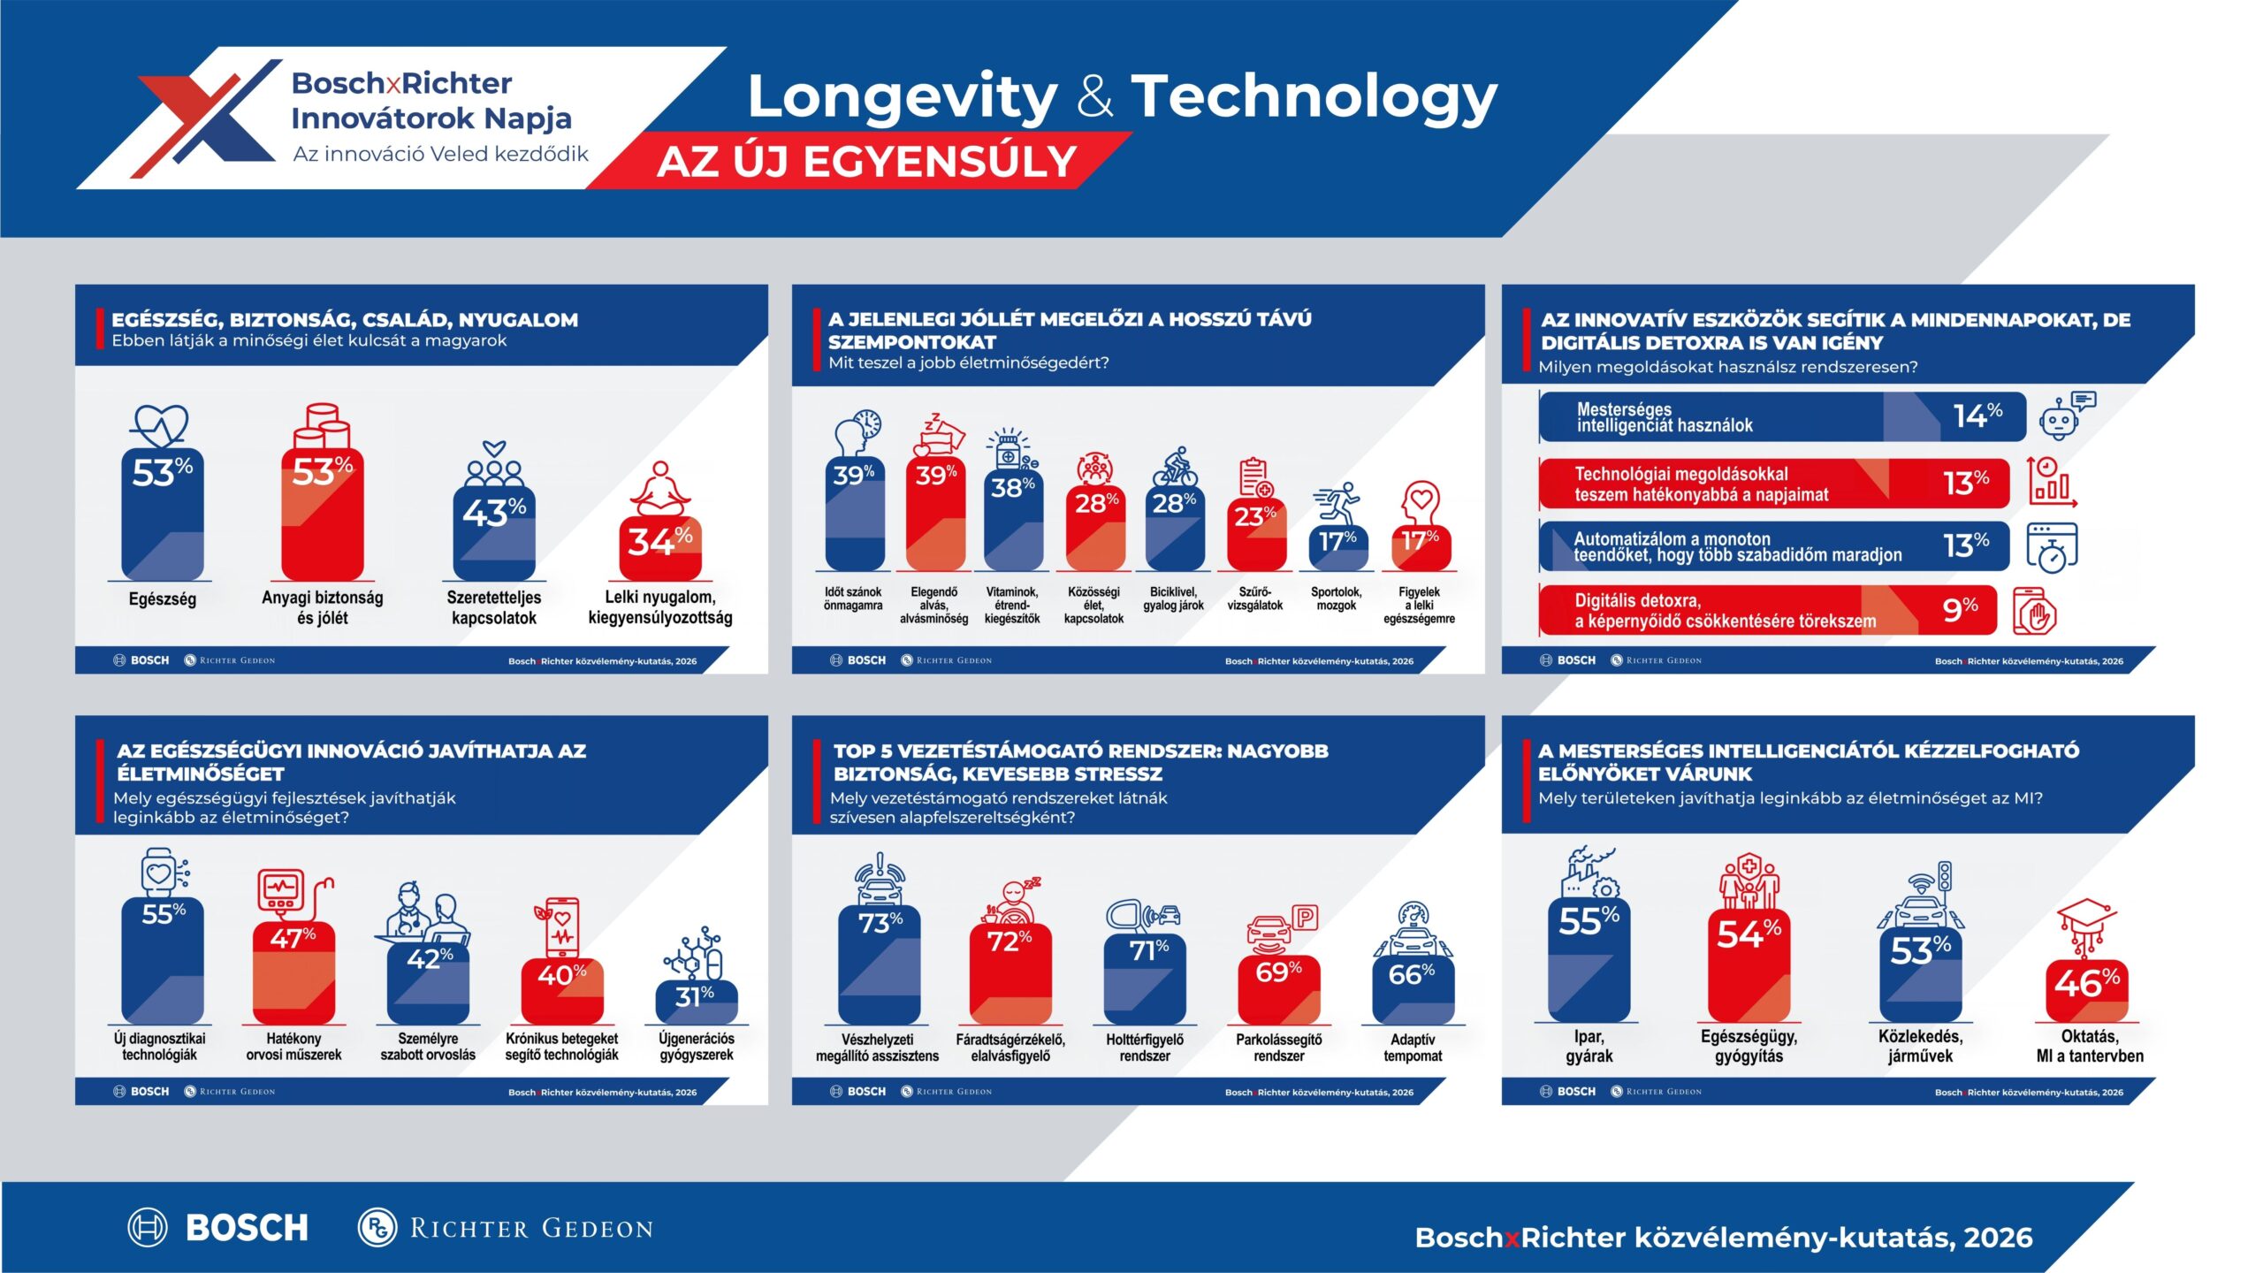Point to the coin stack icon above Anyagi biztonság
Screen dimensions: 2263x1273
[322, 426]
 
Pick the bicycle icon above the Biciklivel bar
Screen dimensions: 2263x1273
[1174, 466]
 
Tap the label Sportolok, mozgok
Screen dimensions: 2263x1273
[1336, 598]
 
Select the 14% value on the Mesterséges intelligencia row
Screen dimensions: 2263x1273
[1977, 415]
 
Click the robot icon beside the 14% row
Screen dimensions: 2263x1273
[2066, 416]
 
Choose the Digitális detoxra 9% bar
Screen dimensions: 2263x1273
[1768, 610]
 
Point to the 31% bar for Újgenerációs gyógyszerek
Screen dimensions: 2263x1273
[697, 1002]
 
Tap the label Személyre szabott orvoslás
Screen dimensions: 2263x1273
[428, 1047]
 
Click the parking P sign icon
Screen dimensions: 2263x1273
[1305, 918]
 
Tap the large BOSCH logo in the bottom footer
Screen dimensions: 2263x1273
[219, 1227]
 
